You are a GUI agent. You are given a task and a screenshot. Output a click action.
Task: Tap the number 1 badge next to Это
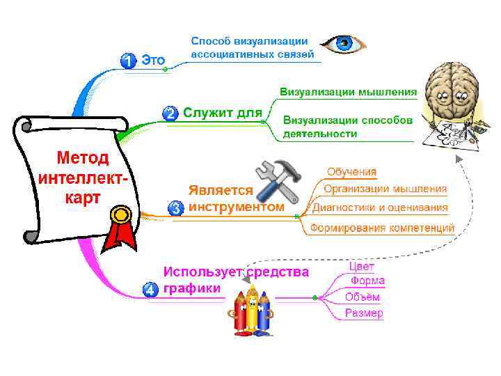(x=128, y=61)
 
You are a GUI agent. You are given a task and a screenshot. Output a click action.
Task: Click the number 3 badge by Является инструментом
(x=176, y=207)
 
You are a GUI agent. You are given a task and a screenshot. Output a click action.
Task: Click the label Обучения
(x=351, y=171)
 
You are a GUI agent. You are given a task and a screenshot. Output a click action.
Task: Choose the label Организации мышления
(x=385, y=189)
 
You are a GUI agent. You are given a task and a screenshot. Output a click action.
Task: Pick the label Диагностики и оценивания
(x=380, y=207)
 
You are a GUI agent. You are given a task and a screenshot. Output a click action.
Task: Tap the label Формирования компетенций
(x=382, y=227)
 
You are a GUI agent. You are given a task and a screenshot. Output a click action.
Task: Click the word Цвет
(x=361, y=266)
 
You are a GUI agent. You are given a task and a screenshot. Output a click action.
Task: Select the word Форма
(x=367, y=281)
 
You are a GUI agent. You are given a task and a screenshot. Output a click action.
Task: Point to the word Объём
(x=363, y=297)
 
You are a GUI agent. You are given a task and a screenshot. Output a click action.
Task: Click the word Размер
(x=364, y=313)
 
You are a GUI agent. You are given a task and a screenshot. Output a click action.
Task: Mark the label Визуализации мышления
(x=348, y=91)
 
